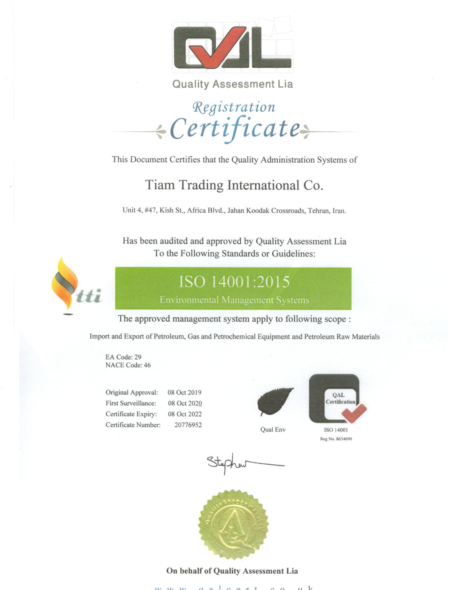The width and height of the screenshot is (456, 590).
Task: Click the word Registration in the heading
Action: point(234,107)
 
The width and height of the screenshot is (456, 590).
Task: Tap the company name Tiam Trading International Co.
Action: point(234,185)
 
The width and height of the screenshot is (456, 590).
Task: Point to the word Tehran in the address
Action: point(319,211)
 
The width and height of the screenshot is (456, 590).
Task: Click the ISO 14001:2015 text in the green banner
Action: point(234,282)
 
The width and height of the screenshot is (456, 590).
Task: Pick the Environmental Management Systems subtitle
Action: point(234,300)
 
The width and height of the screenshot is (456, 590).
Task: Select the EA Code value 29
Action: point(138,357)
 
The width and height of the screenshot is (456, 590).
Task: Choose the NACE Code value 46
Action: point(147,365)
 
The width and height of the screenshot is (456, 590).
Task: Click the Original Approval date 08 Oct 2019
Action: point(185,392)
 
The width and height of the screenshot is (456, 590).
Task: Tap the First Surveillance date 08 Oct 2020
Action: point(185,403)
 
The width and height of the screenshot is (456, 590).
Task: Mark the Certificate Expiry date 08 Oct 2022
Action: point(185,414)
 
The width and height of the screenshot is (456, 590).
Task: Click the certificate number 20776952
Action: point(188,425)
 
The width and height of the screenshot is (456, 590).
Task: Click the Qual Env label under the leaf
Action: point(273,430)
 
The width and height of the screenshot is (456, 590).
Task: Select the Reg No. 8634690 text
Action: point(336,439)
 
